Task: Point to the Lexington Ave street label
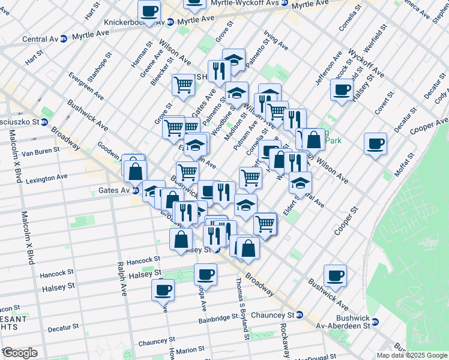pos(46,178)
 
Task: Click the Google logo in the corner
pos(20,352)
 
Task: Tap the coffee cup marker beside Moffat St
pos(375,144)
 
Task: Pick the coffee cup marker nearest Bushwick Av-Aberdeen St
pos(336,276)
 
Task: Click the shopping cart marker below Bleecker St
pos(183,85)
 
